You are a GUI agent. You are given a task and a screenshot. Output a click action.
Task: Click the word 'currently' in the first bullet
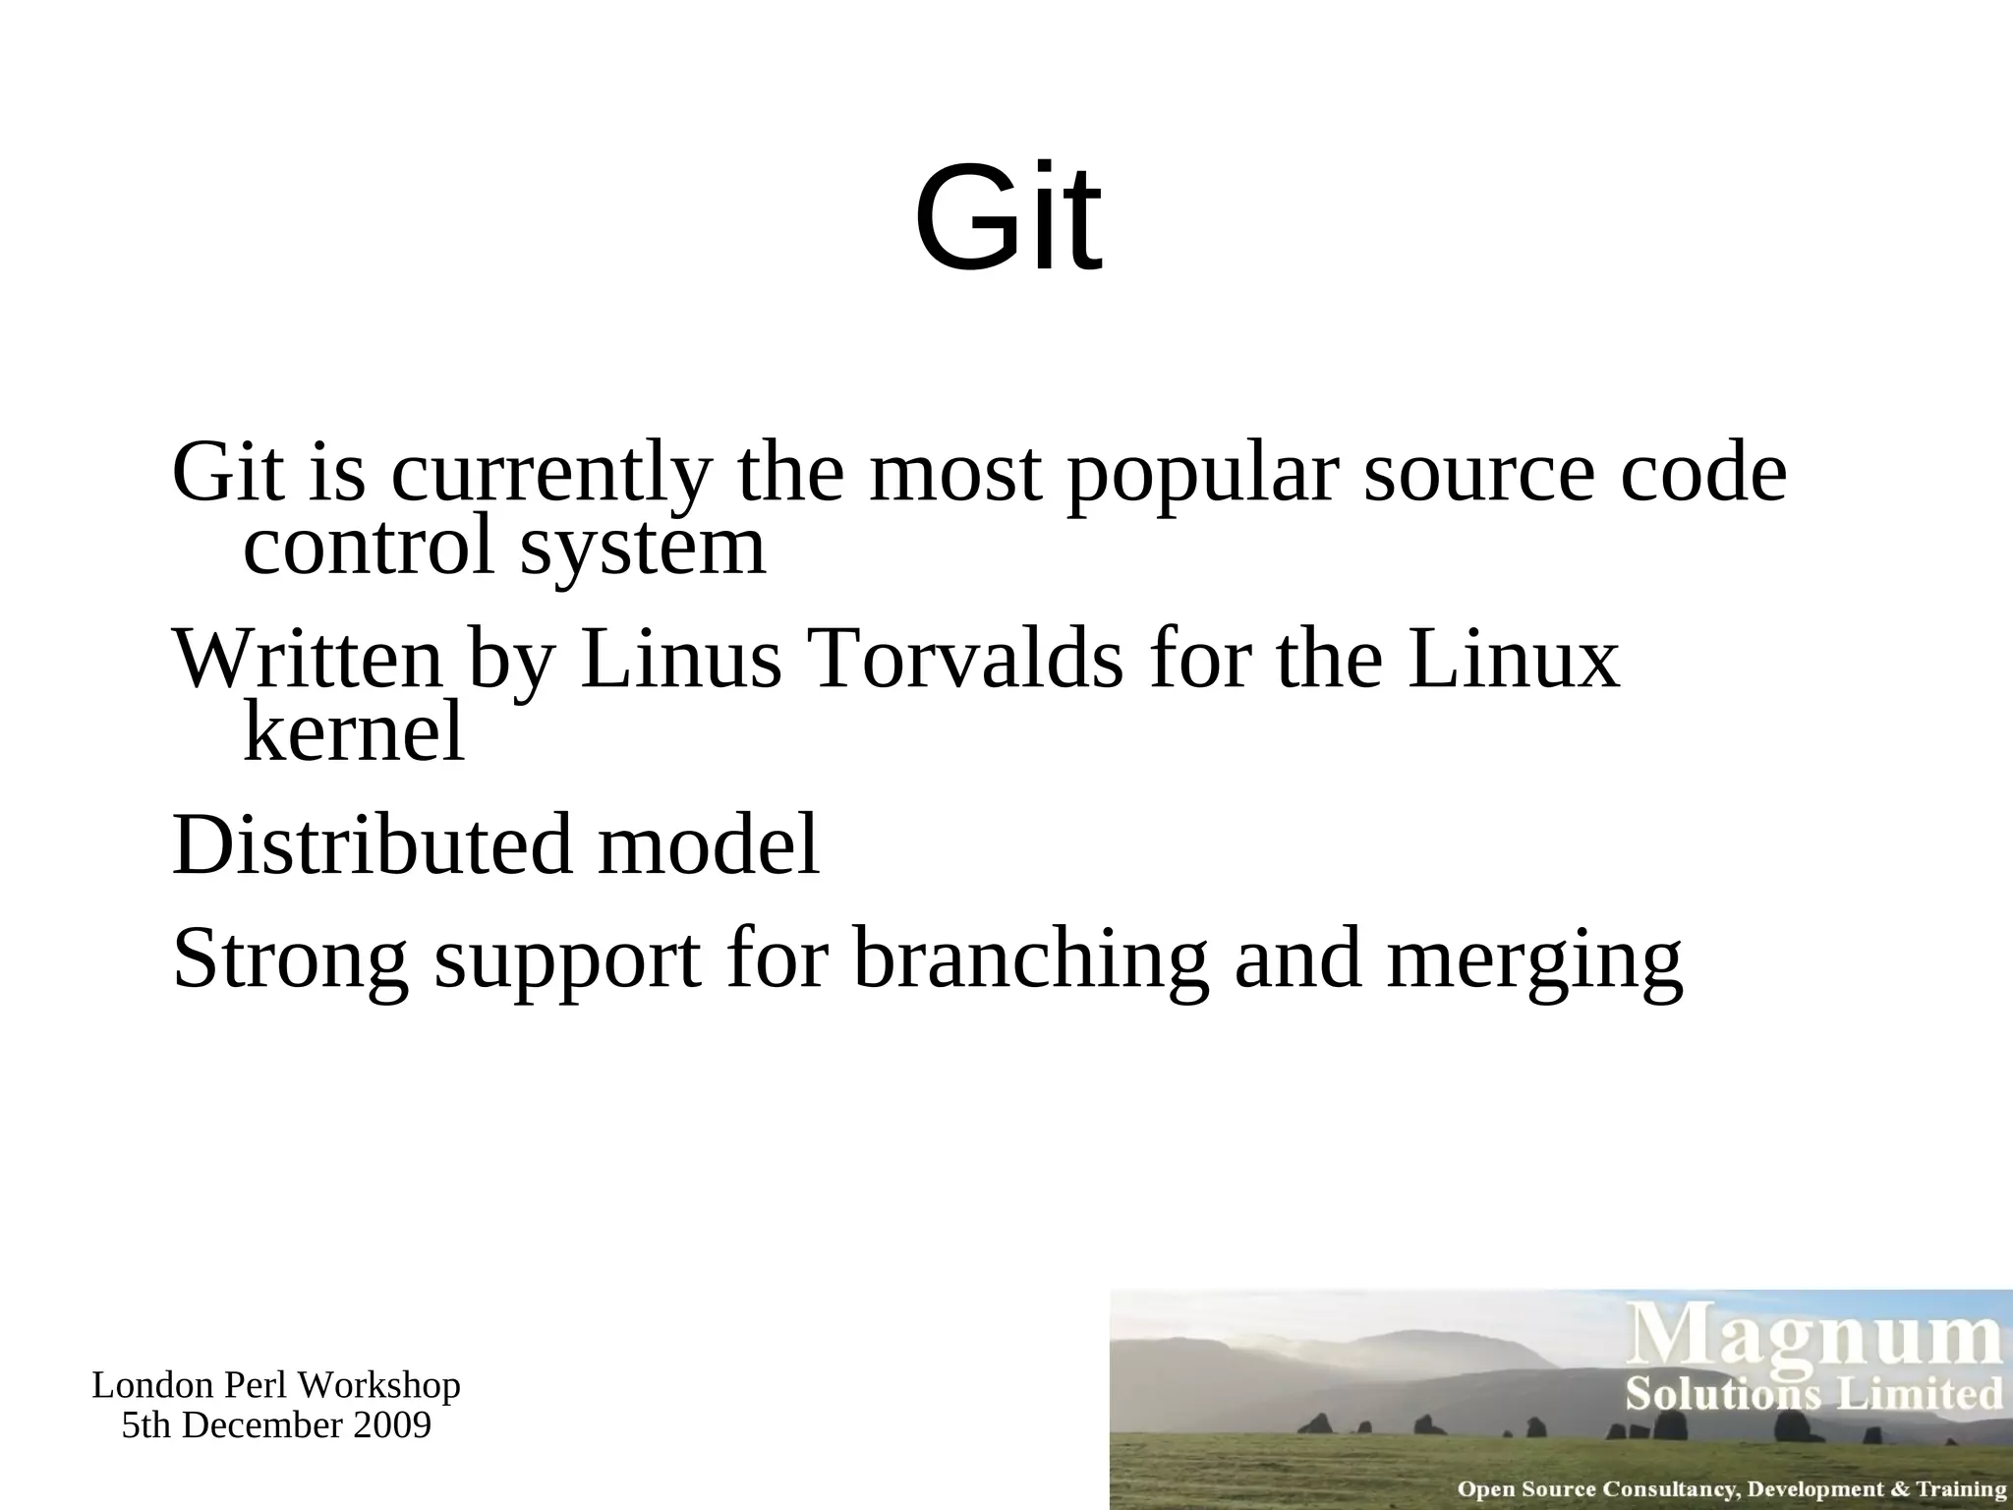click(549, 473)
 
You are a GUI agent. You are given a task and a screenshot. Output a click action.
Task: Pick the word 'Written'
click(308, 660)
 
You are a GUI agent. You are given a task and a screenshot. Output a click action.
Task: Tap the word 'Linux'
click(1513, 660)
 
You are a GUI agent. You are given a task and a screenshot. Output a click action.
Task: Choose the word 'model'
click(708, 845)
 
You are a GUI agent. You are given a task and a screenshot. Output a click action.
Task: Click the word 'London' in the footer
click(153, 1385)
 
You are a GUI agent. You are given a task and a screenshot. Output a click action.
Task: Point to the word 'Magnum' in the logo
click(1817, 1340)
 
